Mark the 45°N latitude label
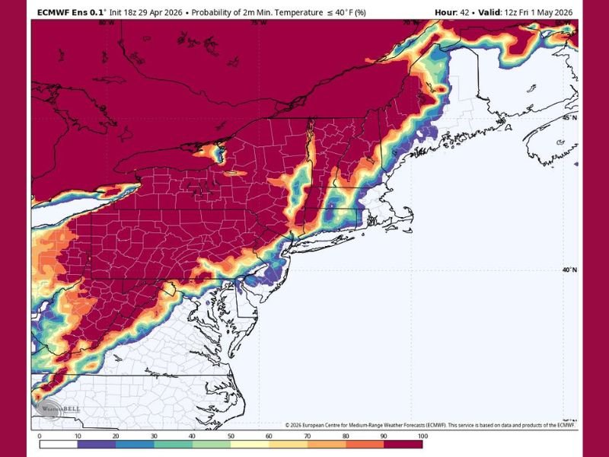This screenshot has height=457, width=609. (x=570, y=118)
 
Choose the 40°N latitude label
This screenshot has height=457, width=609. (x=570, y=269)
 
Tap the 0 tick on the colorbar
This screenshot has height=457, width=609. (x=40, y=436)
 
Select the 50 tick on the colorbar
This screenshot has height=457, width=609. (x=230, y=436)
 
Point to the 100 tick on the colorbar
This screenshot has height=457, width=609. (x=421, y=436)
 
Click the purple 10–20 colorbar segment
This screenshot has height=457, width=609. (x=97, y=443)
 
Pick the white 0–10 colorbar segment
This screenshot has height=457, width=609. (x=59, y=443)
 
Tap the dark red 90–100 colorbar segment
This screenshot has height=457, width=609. (x=402, y=443)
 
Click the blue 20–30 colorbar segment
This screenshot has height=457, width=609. (x=135, y=443)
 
